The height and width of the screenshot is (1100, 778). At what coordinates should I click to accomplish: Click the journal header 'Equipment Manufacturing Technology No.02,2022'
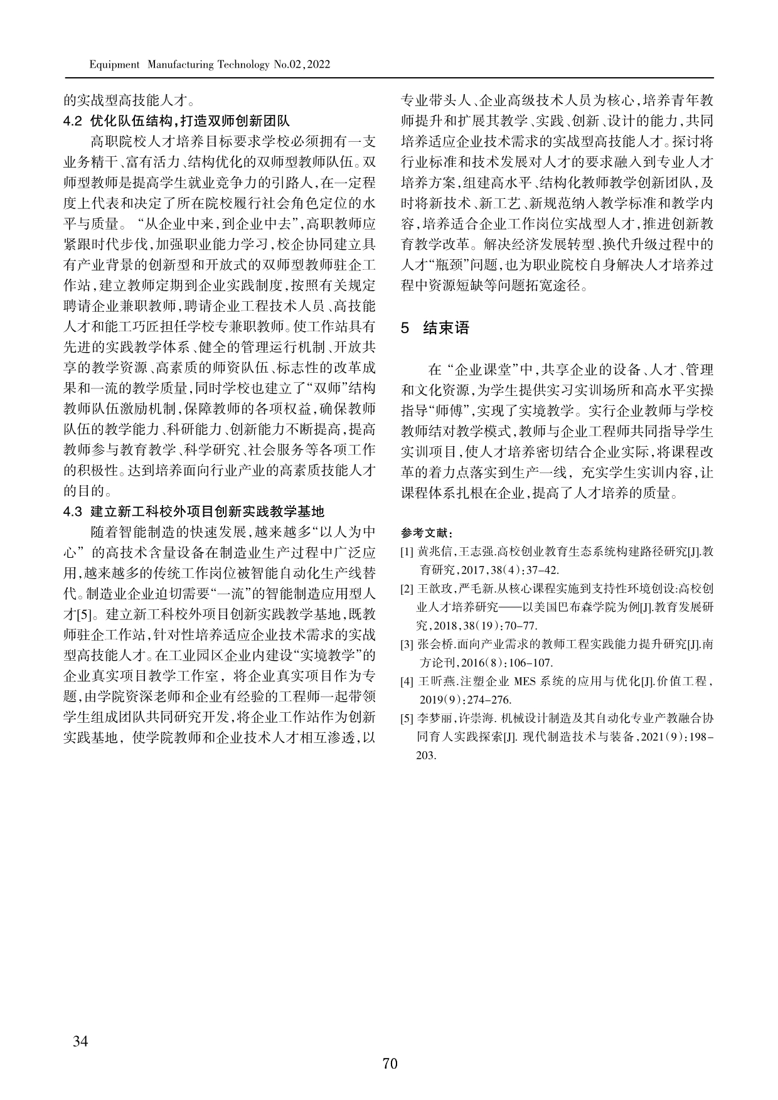click(210, 65)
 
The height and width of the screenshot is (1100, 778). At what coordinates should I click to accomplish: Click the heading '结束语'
click(446, 328)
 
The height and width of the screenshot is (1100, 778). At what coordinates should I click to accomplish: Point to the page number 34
click(80, 1042)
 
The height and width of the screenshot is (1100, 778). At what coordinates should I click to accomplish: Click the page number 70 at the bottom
click(389, 1064)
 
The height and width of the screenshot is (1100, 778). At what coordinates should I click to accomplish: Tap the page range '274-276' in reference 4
click(490, 700)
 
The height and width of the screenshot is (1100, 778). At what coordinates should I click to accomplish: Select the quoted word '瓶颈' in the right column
click(447, 264)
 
